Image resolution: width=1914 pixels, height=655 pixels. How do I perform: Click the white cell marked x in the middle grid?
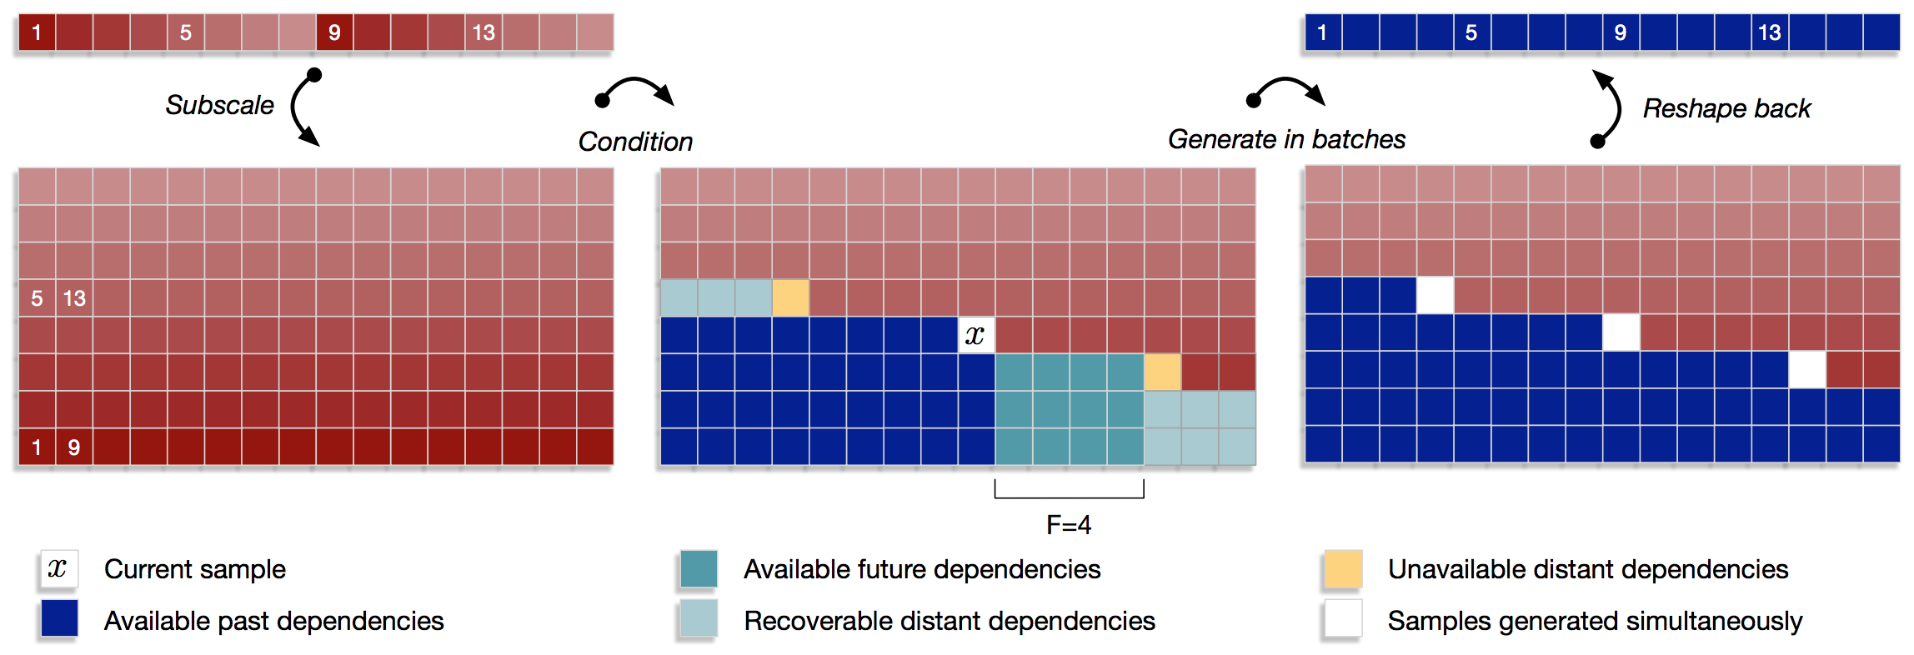(x=975, y=335)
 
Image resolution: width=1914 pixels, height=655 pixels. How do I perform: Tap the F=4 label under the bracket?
(x=1069, y=524)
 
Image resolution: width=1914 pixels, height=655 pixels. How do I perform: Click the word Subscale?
(x=219, y=105)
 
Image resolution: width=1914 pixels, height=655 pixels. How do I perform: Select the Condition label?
(x=635, y=142)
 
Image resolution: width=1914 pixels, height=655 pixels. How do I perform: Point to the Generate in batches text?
(x=1286, y=139)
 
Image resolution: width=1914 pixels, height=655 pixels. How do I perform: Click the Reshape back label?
(x=1726, y=108)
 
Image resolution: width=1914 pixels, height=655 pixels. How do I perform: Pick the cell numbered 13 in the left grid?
(x=74, y=298)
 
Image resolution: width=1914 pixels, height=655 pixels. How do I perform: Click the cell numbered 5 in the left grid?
(x=37, y=298)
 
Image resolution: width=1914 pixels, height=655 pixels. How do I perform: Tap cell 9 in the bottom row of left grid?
(x=74, y=447)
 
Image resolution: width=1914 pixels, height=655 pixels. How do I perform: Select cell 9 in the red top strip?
(x=334, y=32)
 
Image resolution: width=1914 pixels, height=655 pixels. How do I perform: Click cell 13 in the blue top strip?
(x=1769, y=32)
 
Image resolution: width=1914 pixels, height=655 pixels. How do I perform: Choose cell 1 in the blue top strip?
(x=1322, y=32)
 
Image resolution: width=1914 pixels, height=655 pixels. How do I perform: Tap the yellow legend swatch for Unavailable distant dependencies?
(x=1343, y=569)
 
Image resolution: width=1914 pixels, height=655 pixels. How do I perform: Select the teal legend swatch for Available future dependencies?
(x=699, y=569)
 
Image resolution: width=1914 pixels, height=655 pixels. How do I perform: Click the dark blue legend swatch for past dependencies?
(x=59, y=618)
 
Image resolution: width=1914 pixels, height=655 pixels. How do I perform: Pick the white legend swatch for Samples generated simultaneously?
(x=1343, y=618)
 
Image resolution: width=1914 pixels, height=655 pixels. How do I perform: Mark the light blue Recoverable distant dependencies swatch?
(x=699, y=618)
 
